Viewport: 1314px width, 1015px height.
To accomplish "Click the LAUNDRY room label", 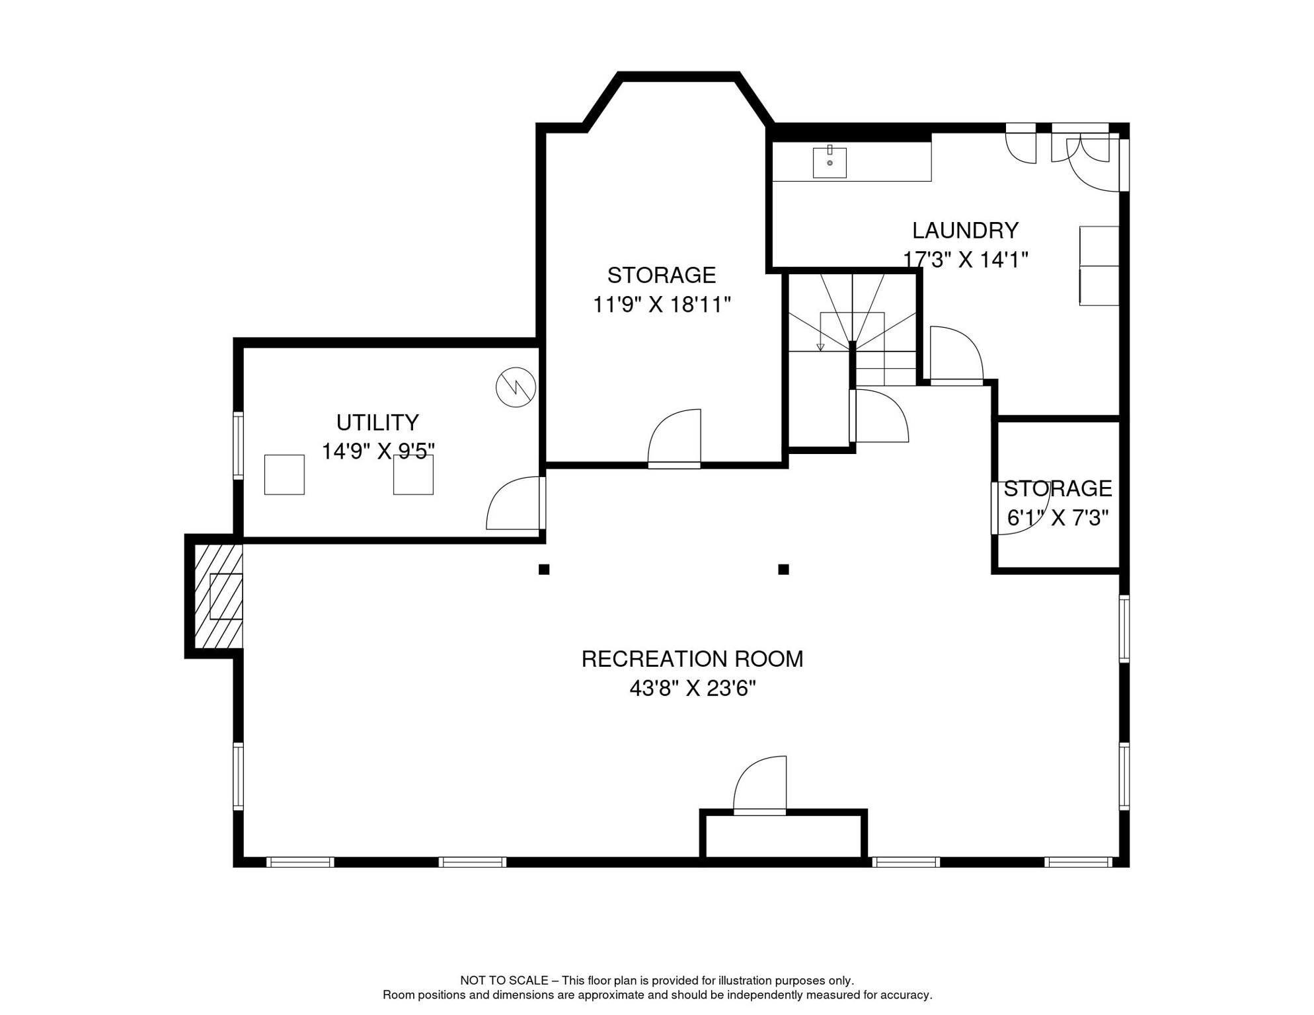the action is coord(965,230).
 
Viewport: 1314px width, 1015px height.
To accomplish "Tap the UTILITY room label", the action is coord(377,422).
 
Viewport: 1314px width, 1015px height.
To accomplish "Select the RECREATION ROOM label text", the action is coord(692,659).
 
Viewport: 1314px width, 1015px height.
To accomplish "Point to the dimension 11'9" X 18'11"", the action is coord(662,305).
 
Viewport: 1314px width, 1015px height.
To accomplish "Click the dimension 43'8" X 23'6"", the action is coord(692,689).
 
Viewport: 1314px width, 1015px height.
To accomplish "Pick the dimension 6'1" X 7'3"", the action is coord(1058,517).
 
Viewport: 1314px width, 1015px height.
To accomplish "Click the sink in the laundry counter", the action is coord(830,163).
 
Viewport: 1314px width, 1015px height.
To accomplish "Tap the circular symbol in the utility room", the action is coord(516,387).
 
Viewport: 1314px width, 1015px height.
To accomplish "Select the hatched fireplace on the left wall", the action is coord(219,596).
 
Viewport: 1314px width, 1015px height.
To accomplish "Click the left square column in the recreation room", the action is coord(544,569).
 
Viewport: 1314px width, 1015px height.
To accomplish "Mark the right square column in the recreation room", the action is coord(783,569).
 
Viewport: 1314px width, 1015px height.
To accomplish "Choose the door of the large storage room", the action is coord(674,439).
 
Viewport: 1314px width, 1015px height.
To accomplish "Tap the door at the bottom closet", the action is coord(760,785).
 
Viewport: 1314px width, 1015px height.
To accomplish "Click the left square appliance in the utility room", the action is coord(284,474).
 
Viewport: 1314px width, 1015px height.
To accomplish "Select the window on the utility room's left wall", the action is coord(238,445).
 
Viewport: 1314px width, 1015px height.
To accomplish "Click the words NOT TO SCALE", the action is coord(504,981).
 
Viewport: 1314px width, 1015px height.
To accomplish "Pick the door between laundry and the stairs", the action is coord(956,354).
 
